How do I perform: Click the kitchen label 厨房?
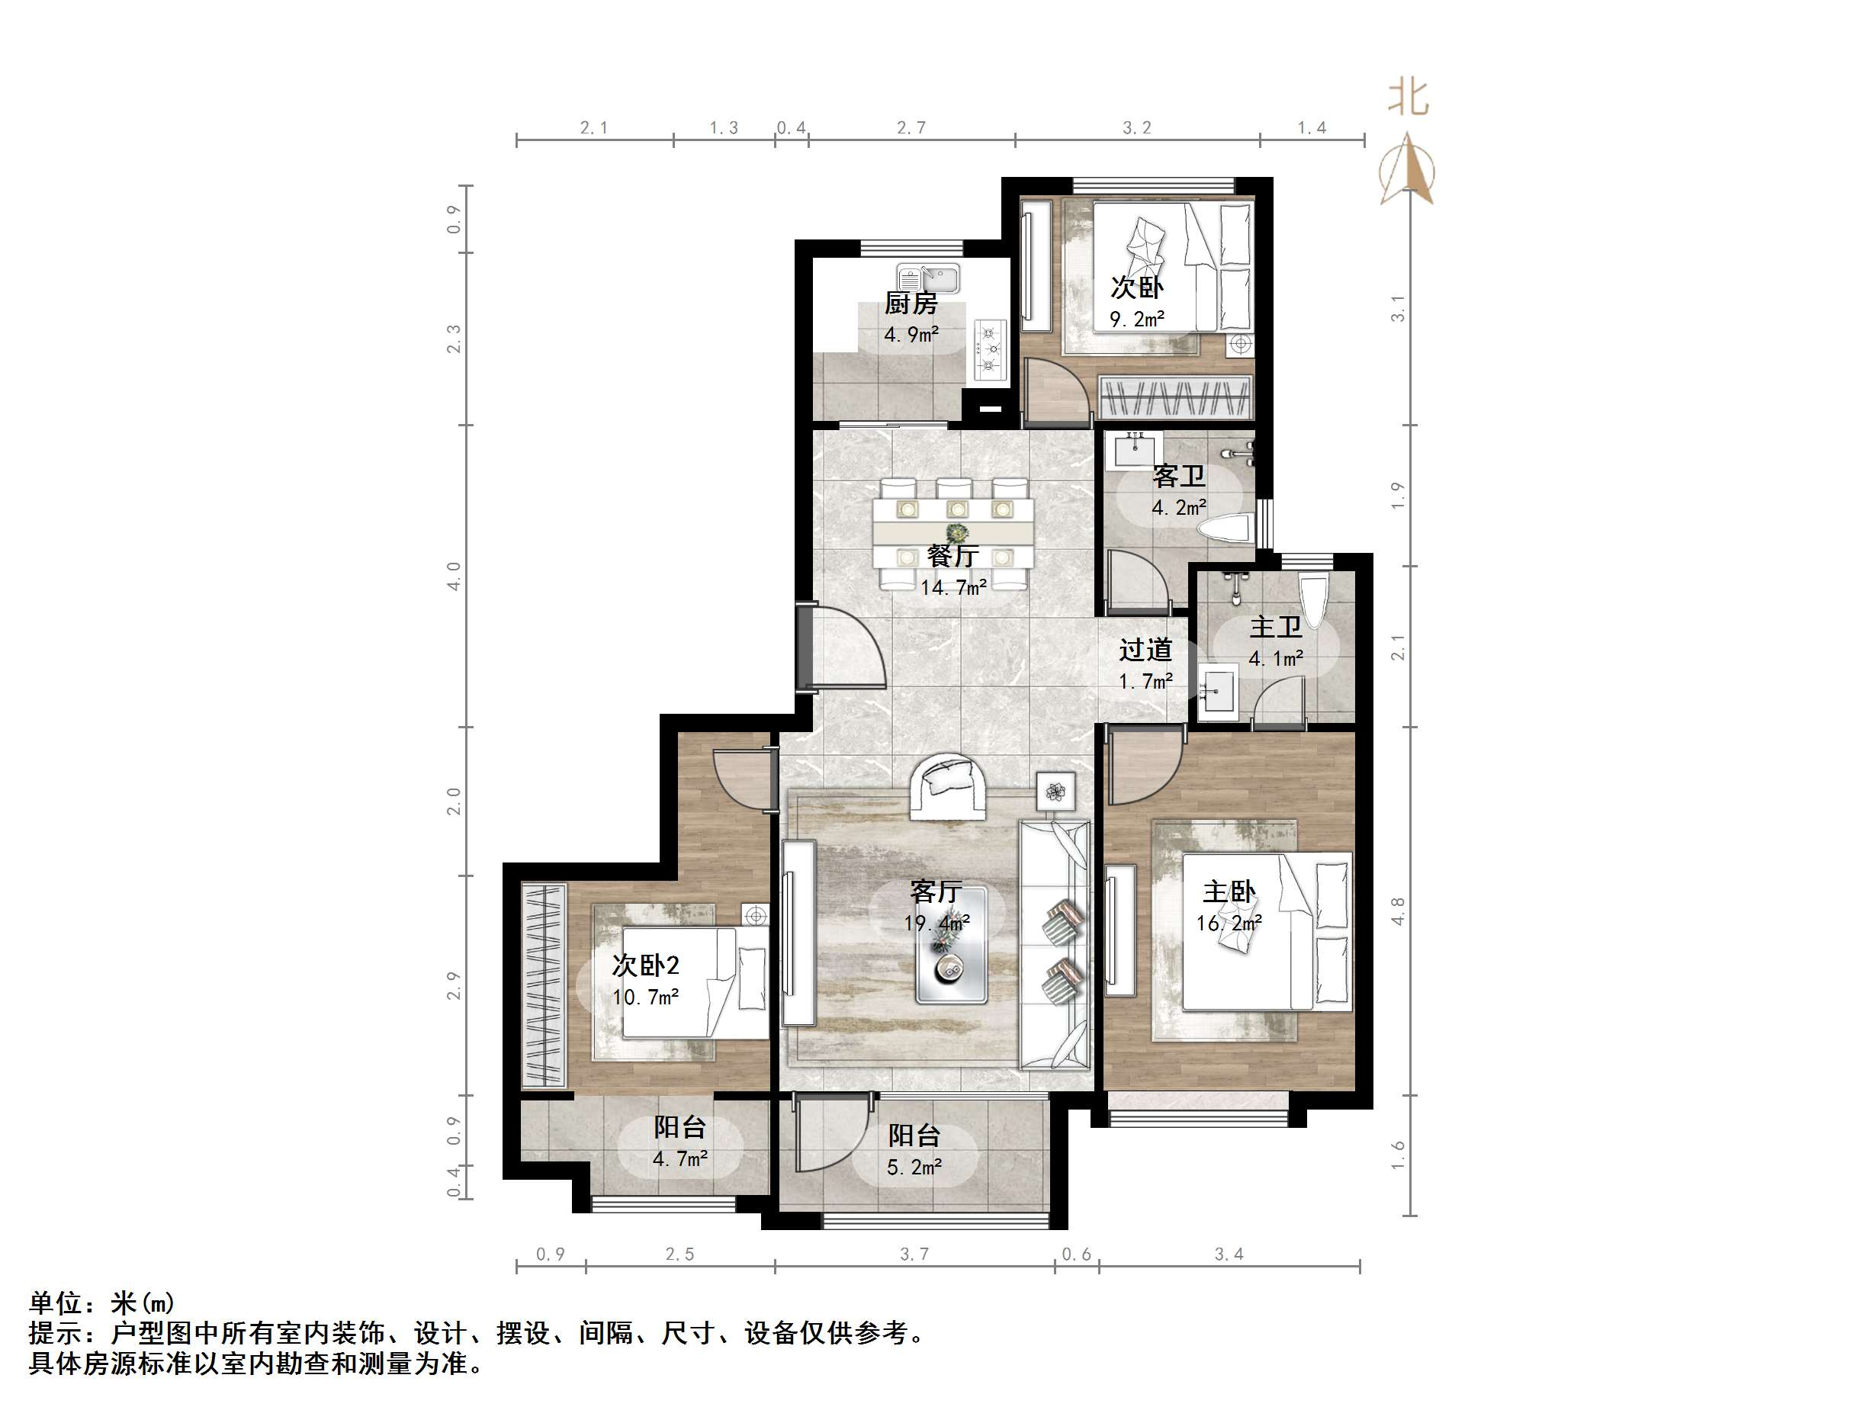tap(911, 303)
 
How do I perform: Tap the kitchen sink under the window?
tap(929, 278)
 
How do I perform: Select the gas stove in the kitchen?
tap(990, 349)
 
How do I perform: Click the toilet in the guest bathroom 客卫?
tap(1226, 528)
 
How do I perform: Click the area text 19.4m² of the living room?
tap(936, 923)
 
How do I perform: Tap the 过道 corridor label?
tap(1145, 650)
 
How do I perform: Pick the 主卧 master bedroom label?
tap(1229, 891)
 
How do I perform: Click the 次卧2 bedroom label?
tap(645, 965)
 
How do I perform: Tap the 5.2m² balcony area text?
tap(914, 1168)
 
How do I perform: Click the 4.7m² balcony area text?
tap(680, 1158)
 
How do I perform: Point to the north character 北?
tap(1408, 98)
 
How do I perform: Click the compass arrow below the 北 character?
tap(1408, 169)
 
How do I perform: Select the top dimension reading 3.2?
tap(1136, 128)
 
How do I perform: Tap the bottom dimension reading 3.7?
tap(914, 1254)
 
